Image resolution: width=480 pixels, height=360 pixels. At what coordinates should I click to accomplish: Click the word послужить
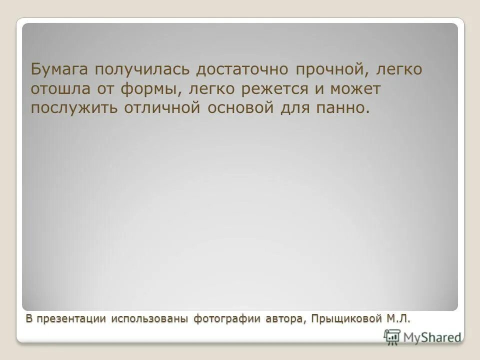point(73,108)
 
